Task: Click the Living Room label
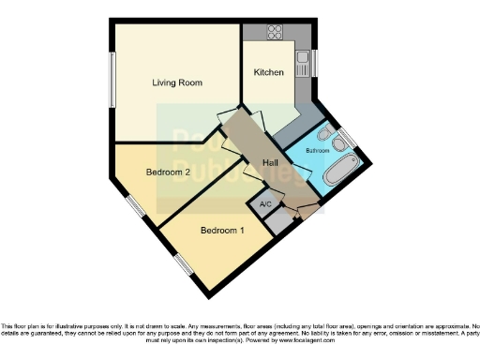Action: coord(178,82)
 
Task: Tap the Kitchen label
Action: coord(269,72)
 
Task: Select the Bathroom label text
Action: coord(318,149)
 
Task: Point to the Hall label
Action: coord(270,163)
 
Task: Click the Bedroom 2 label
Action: coord(169,172)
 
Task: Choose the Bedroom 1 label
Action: coord(223,231)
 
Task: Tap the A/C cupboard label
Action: coord(265,204)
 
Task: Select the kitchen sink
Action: coord(303,64)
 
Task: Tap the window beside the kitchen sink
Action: coord(315,62)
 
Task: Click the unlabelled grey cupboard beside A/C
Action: coord(277,222)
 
